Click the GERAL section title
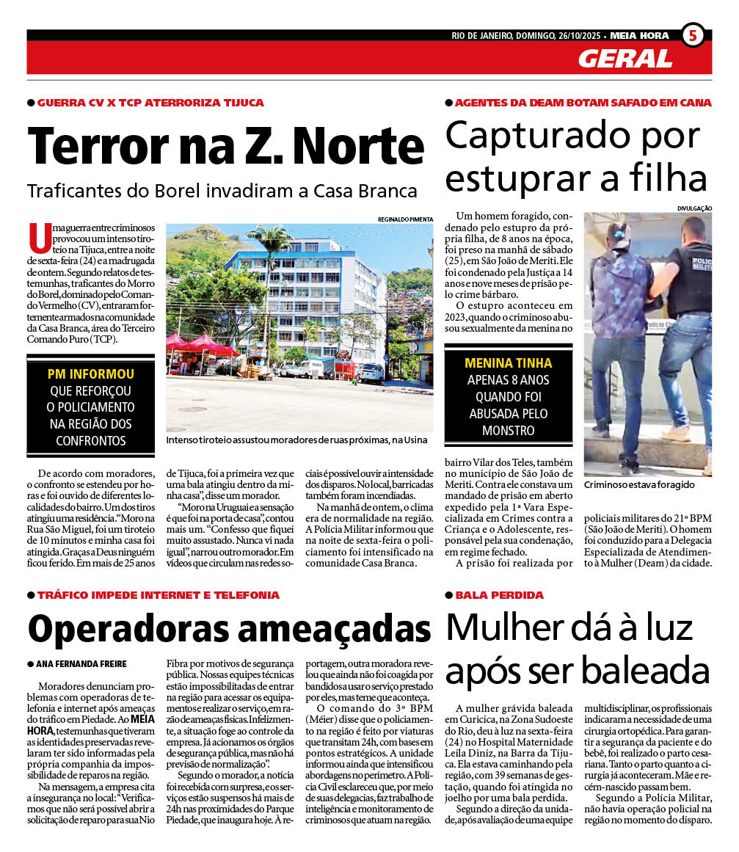pyautogui.click(x=625, y=59)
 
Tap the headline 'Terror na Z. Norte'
pyautogui.click(x=226, y=147)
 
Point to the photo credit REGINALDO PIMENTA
pyautogui.click(x=405, y=219)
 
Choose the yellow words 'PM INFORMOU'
pyautogui.click(x=91, y=374)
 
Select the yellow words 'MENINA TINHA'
pyautogui.click(x=509, y=363)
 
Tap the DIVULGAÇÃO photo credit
pyautogui.click(x=695, y=208)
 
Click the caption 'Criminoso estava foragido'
pyautogui.click(x=638, y=485)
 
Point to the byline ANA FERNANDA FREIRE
pyautogui.click(x=81, y=663)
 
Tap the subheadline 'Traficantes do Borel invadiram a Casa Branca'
pyautogui.click(x=222, y=191)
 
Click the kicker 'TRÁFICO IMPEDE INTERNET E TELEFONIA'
pyautogui.click(x=158, y=594)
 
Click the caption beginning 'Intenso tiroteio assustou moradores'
pyautogui.click(x=296, y=440)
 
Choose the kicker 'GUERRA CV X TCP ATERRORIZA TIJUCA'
pyautogui.click(x=150, y=103)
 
